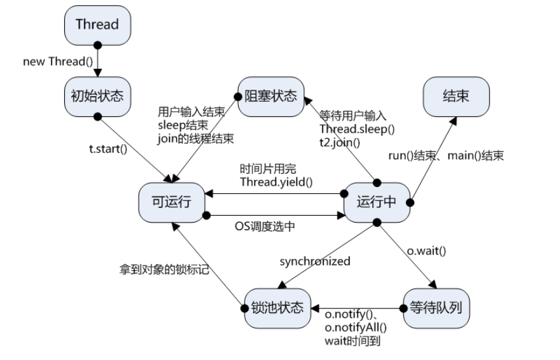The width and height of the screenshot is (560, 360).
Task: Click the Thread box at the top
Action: [x=97, y=25]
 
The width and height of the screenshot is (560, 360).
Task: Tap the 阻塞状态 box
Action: [x=271, y=96]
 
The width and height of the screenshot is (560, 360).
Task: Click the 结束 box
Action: [x=456, y=96]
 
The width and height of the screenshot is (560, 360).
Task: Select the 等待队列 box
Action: [x=437, y=308]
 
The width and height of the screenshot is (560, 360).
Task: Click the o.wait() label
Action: [x=426, y=250]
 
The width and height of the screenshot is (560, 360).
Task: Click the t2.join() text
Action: [x=340, y=143]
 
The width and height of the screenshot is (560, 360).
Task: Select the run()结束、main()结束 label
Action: [x=445, y=156]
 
